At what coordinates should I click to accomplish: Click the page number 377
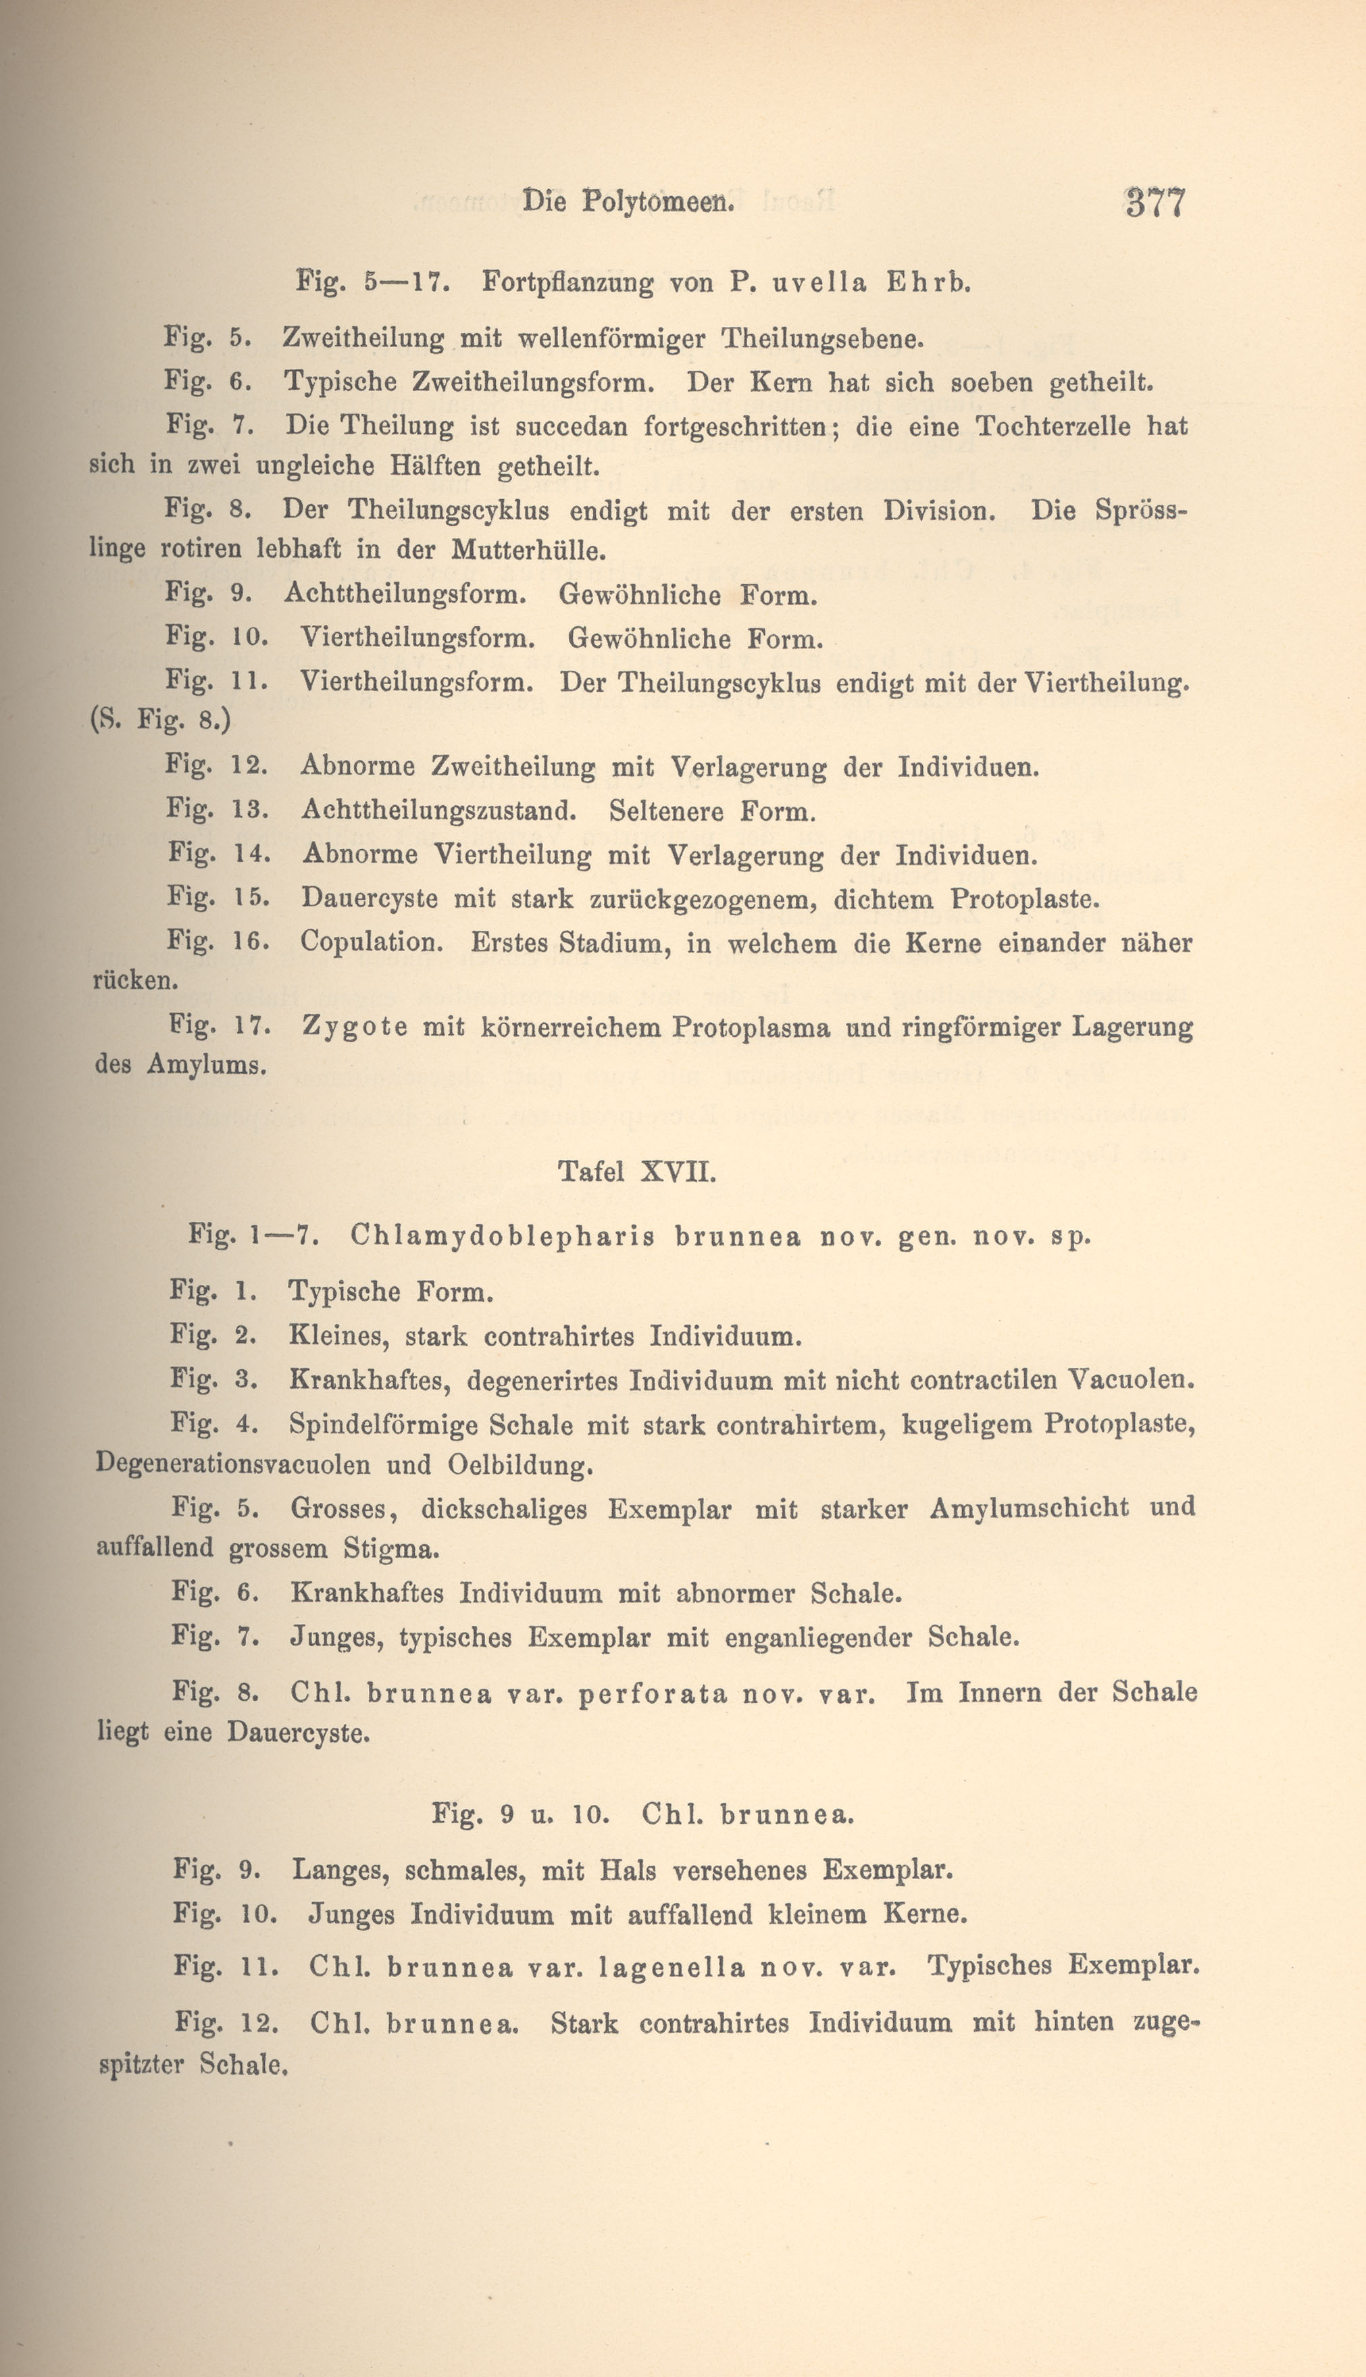tap(1156, 203)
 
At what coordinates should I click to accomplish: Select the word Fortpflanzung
tap(567, 283)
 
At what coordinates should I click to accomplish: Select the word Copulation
tap(372, 943)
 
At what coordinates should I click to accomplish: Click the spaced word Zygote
tap(355, 1028)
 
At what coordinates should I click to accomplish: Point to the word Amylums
tap(207, 1066)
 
